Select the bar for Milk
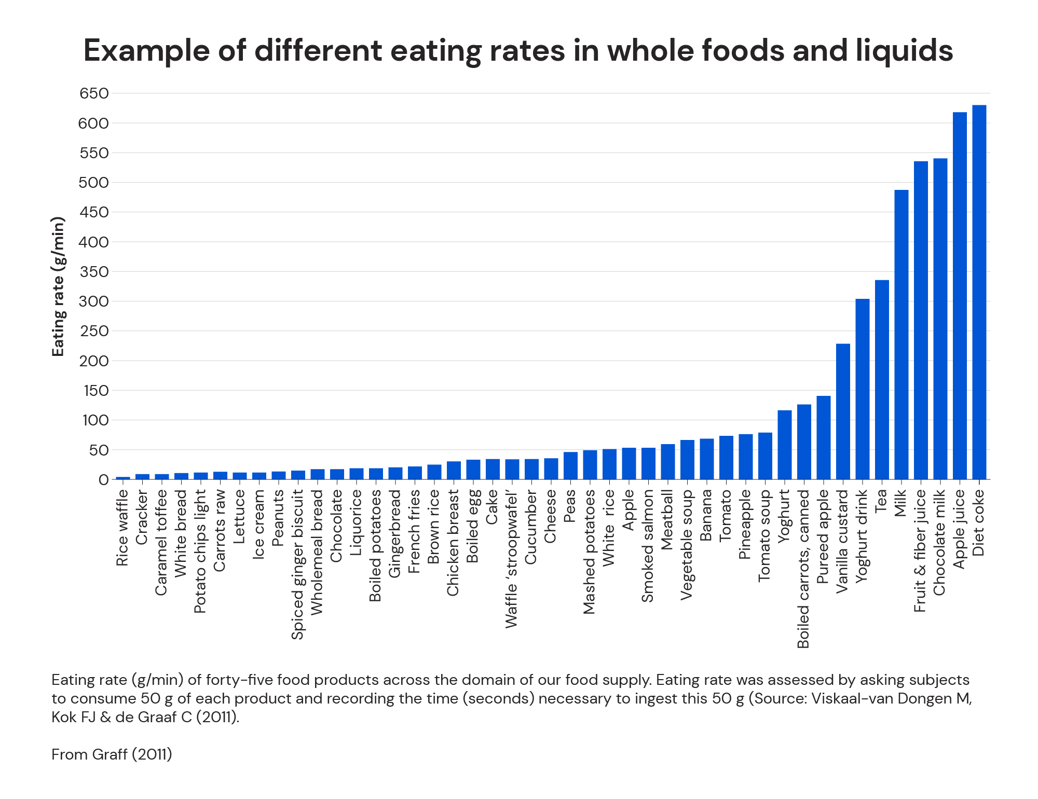click(x=902, y=335)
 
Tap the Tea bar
click(x=882, y=380)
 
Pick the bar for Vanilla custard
click(x=843, y=411)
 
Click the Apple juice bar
click(x=960, y=296)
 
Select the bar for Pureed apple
click(x=823, y=438)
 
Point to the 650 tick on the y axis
click(x=94, y=93)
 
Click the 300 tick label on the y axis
click(x=94, y=301)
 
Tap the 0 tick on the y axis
click(x=103, y=480)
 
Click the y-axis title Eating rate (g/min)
click(x=58, y=286)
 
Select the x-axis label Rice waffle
click(x=122, y=528)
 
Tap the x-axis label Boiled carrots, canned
click(x=803, y=569)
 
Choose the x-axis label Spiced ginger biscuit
click(x=297, y=564)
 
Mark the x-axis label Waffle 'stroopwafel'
click(x=512, y=559)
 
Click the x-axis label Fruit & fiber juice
click(x=920, y=551)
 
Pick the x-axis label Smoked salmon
click(x=648, y=546)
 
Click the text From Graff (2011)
click(x=112, y=754)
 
